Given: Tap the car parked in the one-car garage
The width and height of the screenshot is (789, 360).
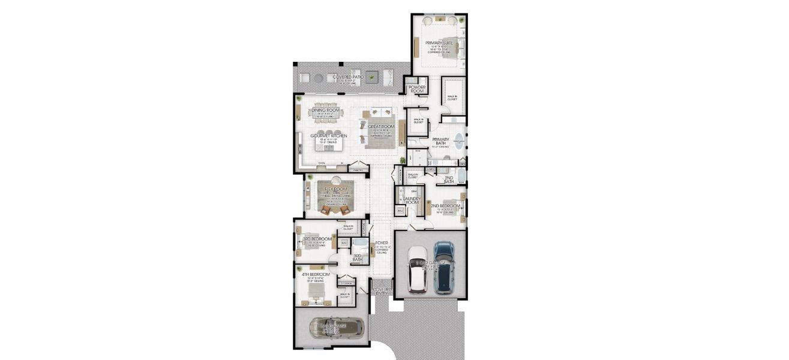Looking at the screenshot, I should (336, 328).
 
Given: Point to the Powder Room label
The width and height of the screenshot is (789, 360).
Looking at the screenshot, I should (417, 89).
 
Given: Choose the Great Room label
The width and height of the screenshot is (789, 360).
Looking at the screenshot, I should (381, 127).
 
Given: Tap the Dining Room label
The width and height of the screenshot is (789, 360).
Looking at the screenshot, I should (326, 110).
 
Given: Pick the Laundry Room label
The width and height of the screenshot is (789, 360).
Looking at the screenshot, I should (412, 200).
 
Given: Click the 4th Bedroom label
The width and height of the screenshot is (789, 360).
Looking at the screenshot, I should (316, 274).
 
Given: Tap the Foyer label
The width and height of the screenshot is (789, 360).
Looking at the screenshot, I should (381, 244).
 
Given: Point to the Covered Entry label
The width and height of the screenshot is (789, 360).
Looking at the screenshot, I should (382, 291).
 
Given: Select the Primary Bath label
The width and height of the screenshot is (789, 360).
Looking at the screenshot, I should (440, 142).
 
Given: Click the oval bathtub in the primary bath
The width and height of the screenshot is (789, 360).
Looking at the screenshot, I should (458, 143).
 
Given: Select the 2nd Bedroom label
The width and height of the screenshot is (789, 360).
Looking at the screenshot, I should (445, 206).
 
